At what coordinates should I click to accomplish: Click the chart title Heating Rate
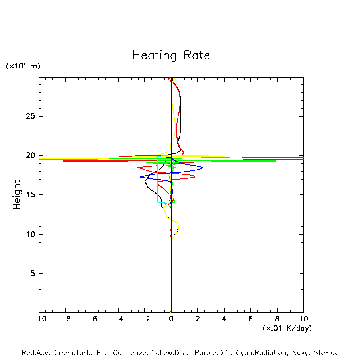coord(171,55)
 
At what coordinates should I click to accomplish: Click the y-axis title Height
coord(17,195)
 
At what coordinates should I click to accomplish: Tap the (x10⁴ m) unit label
coord(23,66)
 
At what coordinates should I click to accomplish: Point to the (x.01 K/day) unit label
coord(287,328)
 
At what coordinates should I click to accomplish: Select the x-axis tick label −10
coord(39,319)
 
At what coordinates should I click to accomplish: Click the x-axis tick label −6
coord(92,319)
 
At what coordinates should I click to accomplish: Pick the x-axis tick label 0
coord(171,319)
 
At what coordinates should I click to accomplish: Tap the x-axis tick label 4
coord(224,319)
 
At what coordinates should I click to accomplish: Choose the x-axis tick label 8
coord(277,319)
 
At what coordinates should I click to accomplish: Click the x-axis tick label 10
coord(303,319)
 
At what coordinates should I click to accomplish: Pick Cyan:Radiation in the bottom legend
coord(261,353)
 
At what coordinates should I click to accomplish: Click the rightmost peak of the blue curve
coord(203,168)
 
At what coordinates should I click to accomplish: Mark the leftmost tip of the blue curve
coord(140,177)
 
